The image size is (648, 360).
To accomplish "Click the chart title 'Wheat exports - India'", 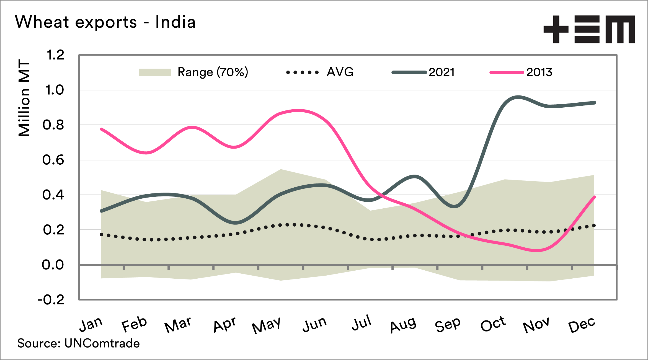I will pyautogui.click(x=105, y=22).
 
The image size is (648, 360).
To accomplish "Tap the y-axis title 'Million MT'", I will pyautogui.click(x=24, y=98).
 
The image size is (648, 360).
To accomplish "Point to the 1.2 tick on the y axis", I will pyautogui.click(x=55, y=55).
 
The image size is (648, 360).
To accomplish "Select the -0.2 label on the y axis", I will pyautogui.click(x=51, y=300).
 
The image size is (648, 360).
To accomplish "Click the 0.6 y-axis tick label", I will pyautogui.click(x=53, y=160).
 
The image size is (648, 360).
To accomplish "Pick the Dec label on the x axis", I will pyautogui.click(x=582, y=325).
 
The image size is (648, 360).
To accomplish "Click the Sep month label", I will pyautogui.click(x=448, y=325).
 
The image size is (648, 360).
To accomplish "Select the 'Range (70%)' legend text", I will pyautogui.click(x=213, y=72).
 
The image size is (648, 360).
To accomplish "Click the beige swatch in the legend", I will pyautogui.click(x=154, y=72).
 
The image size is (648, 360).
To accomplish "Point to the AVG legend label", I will pyautogui.click(x=340, y=72).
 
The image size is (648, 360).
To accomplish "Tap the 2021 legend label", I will pyautogui.click(x=442, y=72).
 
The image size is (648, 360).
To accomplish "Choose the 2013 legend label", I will pyautogui.click(x=539, y=72).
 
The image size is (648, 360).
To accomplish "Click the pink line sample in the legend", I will pyautogui.click(x=507, y=72).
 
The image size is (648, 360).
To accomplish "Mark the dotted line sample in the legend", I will pyautogui.click(x=302, y=72).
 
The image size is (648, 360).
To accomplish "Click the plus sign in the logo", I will pyautogui.click(x=556, y=29).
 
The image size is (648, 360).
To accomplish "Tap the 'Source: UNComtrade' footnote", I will pyautogui.click(x=79, y=343).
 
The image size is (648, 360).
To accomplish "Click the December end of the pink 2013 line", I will pyautogui.click(x=594, y=197).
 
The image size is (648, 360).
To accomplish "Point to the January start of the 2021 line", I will pyautogui.click(x=102, y=211).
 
